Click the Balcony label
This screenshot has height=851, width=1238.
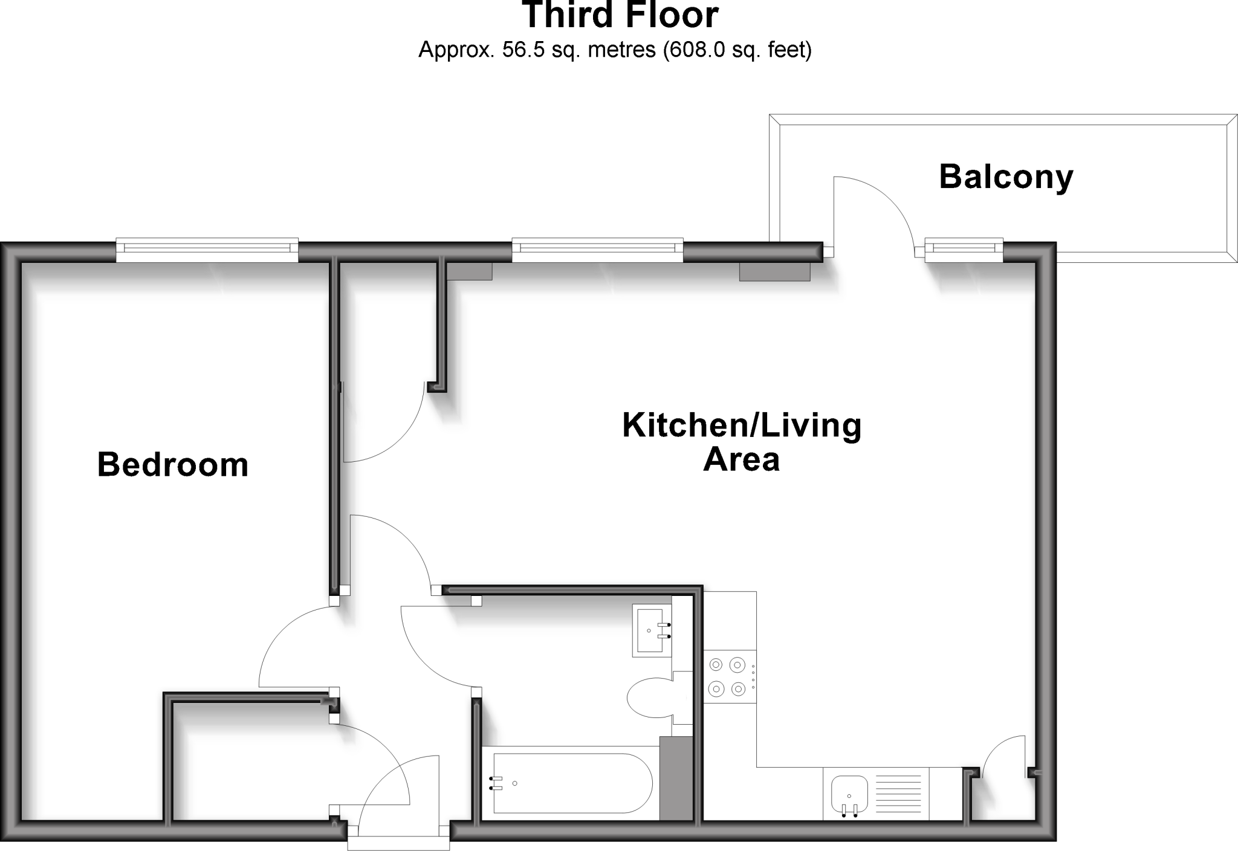tap(1006, 178)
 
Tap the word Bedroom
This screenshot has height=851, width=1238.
tap(173, 465)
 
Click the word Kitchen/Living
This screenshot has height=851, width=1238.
tap(742, 425)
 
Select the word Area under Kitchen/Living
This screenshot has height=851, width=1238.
tap(742, 460)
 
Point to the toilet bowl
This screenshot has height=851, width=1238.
tap(650, 698)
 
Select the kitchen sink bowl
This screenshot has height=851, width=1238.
tap(849, 794)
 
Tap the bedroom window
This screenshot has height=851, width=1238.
tap(207, 250)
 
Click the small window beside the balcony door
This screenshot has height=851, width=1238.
tap(964, 249)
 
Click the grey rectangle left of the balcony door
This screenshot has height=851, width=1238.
tap(774, 271)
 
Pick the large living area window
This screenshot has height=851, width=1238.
tap(598, 250)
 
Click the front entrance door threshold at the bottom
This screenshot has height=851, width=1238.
tap(398, 842)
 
